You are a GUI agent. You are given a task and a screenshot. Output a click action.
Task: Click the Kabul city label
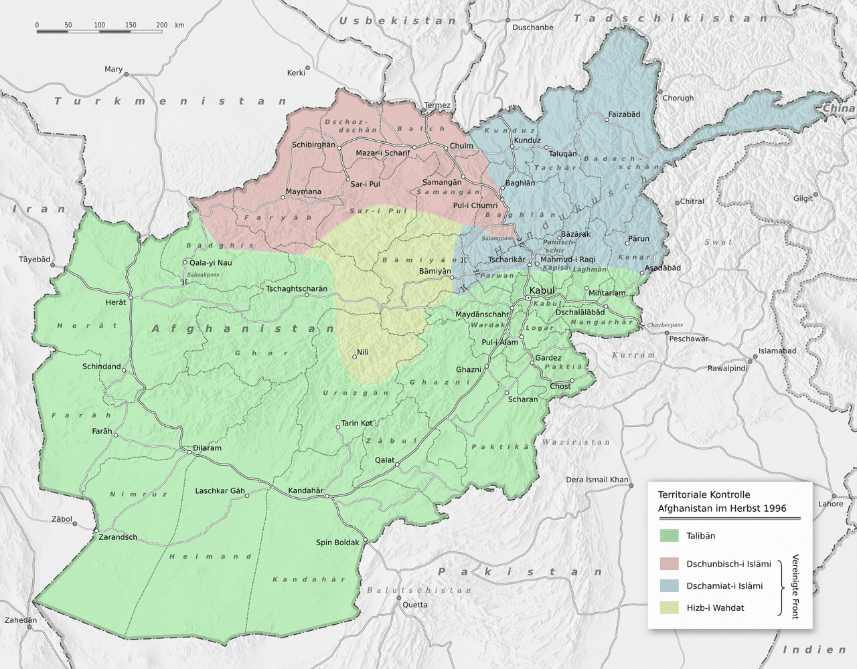pyautogui.click(x=542, y=291)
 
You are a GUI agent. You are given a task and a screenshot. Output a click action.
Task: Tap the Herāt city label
pyautogui.click(x=116, y=302)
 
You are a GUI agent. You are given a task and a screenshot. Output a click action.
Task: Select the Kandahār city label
pyautogui.click(x=305, y=490)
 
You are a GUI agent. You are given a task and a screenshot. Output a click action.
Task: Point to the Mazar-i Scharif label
pyautogui.click(x=382, y=153)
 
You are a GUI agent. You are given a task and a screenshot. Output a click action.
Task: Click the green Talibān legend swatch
pyautogui.click(x=669, y=536)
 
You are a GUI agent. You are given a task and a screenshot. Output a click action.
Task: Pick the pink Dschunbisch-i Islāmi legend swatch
pyautogui.click(x=669, y=564)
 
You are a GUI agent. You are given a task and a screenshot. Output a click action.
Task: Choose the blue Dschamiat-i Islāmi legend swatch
pyautogui.click(x=669, y=586)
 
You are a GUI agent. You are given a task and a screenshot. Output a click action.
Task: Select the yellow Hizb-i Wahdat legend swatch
pyautogui.click(x=669, y=608)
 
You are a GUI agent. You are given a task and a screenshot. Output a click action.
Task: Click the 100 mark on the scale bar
pyautogui.click(x=99, y=25)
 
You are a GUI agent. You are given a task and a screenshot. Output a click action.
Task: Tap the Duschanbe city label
pyautogui.click(x=533, y=27)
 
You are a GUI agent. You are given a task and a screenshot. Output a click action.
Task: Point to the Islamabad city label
pyautogui.click(x=777, y=351)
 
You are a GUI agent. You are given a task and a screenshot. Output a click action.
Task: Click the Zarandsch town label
pyautogui.click(x=118, y=537)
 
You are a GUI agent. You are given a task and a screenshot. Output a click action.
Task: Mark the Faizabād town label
pyautogui.click(x=624, y=114)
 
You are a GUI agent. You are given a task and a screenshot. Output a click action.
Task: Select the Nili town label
pyautogui.click(x=363, y=352)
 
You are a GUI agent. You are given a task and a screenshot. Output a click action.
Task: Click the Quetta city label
pyautogui.click(x=415, y=605)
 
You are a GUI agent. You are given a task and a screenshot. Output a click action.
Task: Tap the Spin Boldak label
pyautogui.click(x=337, y=543)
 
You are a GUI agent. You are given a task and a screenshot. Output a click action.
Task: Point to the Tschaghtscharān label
pyautogui.click(x=297, y=289)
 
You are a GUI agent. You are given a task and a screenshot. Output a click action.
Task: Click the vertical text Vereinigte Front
pyautogui.click(x=795, y=587)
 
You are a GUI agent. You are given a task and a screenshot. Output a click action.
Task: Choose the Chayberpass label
pyautogui.click(x=665, y=325)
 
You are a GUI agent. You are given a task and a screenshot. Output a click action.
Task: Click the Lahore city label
pyautogui.click(x=830, y=504)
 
